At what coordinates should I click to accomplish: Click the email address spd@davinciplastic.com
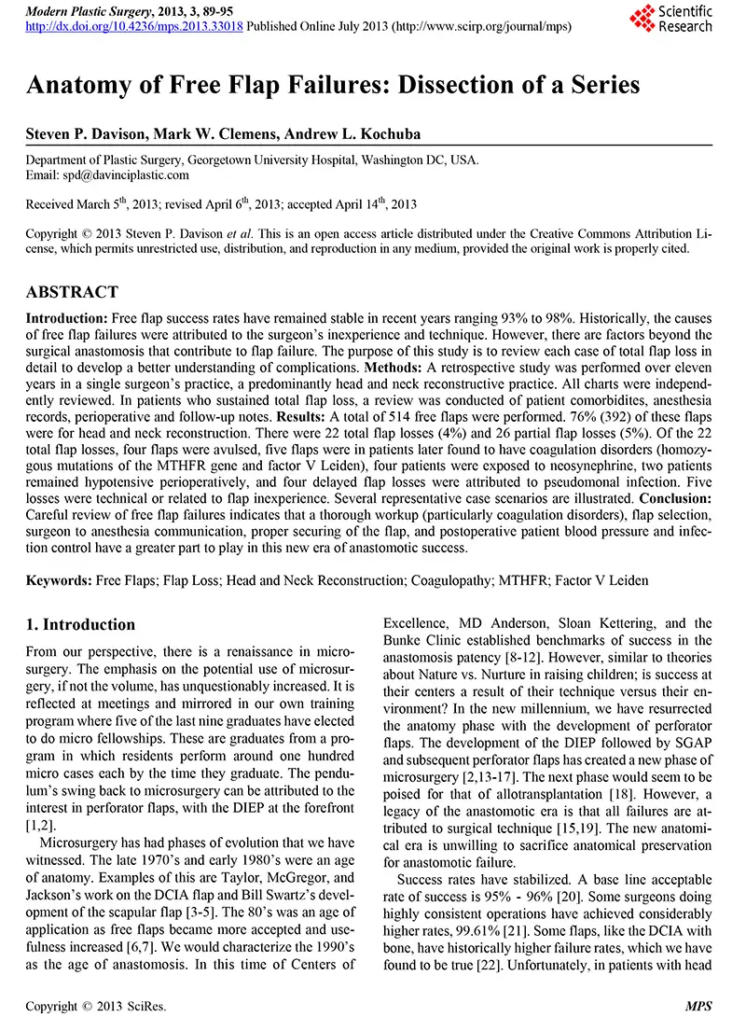click(x=124, y=174)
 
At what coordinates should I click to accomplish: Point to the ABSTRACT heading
click(x=72, y=292)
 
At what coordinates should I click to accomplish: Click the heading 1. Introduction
click(x=80, y=624)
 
